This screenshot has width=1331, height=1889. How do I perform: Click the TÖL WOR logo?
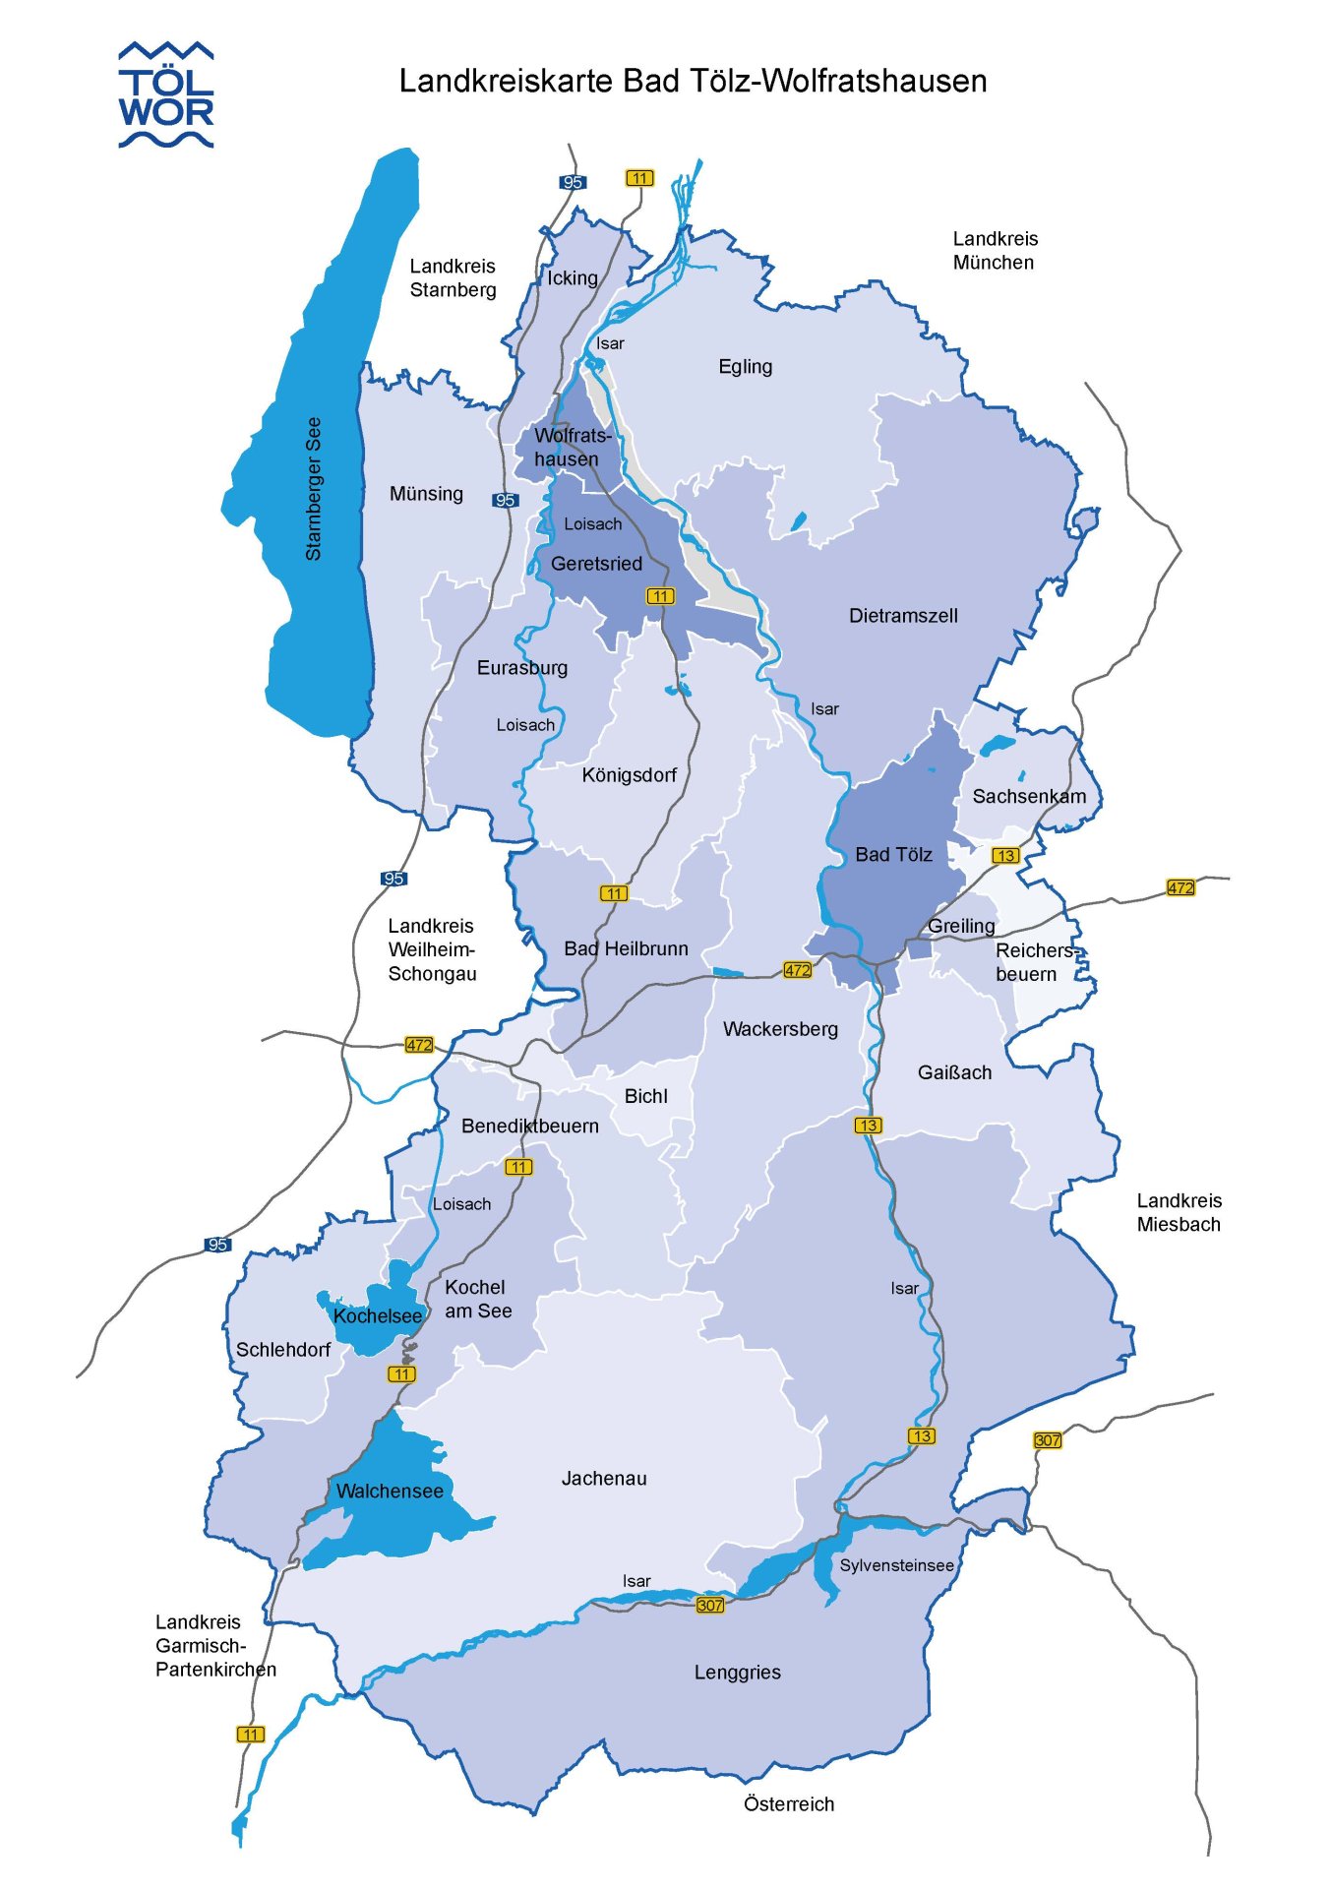pos(165,95)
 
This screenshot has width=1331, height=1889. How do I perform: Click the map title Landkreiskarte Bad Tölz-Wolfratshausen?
pos(693,81)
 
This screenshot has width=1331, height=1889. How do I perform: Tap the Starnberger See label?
pos(314,489)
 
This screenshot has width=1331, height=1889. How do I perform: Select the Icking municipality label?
pos(573,278)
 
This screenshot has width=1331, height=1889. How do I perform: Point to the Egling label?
pos(745,367)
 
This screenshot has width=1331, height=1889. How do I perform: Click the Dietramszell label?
pos(903,616)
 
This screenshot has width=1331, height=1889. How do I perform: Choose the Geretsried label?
pos(596,564)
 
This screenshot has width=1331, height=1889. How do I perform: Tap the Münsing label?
pos(426,494)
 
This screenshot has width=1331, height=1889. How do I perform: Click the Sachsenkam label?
pos(1029,797)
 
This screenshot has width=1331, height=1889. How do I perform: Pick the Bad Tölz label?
pos(893,855)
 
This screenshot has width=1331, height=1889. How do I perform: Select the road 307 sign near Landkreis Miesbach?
pos(1048,1440)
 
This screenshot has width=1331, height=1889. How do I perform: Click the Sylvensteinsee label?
pos(896,1565)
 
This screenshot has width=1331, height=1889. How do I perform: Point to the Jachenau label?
pos(604,1479)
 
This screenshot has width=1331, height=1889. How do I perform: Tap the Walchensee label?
pos(390,1492)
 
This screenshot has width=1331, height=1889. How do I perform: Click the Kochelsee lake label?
pos(377,1316)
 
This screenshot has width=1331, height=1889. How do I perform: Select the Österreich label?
pos(789,1804)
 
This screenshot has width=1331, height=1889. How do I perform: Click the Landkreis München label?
pos(995,251)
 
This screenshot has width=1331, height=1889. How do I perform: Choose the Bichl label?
pos(645,1097)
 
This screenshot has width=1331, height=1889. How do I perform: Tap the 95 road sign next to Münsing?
pos(505,501)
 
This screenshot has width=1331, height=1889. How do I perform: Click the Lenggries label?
pos(737,1673)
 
